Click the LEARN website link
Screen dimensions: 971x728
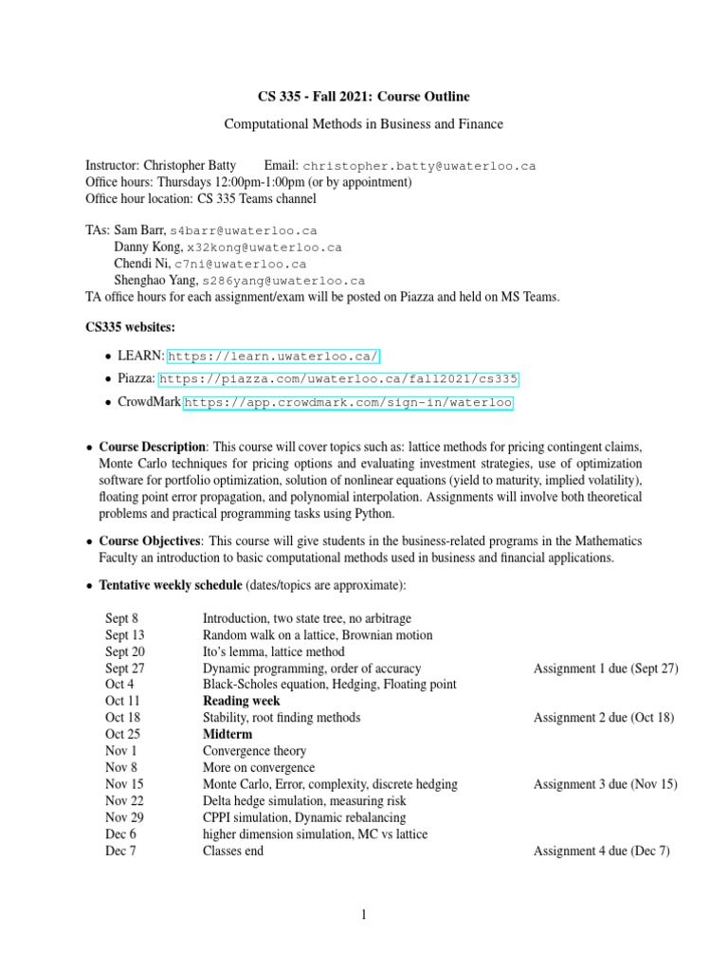(x=274, y=356)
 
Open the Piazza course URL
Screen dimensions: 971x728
(x=338, y=379)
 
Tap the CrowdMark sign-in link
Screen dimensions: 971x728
(x=348, y=403)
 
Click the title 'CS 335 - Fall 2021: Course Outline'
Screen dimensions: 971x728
(x=364, y=97)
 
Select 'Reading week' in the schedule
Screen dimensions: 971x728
(x=242, y=701)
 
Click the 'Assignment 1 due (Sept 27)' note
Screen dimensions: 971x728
(x=606, y=668)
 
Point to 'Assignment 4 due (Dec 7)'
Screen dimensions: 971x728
(x=602, y=851)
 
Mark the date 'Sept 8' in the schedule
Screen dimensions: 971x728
(x=121, y=617)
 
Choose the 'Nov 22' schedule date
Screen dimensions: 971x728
(x=124, y=800)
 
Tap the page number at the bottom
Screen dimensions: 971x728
(x=363, y=915)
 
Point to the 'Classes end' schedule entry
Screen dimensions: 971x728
(x=232, y=851)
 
